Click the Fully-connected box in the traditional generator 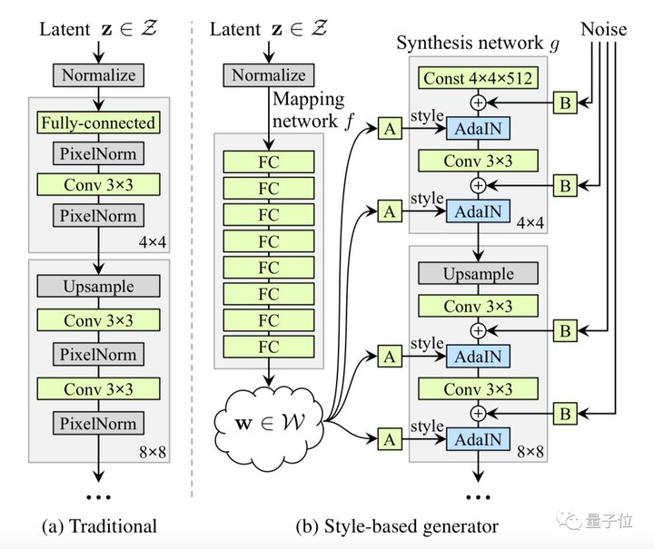pyautogui.click(x=99, y=122)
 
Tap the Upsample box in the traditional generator pyautogui.click(x=99, y=287)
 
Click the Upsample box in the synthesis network pyautogui.click(x=477, y=274)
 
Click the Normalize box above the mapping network pyautogui.click(x=268, y=75)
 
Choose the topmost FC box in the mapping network pyautogui.click(x=268, y=162)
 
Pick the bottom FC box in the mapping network pyautogui.click(x=268, y=347)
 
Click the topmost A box pyautogui.click(x=390, y=130)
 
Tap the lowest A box pyautogui.click(x=390, y=439)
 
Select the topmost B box pyautogui.click(x=565, y=103)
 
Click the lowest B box pyautogui.click(x=565, y=414)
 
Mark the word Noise pyautogui.click(x=605, y=29)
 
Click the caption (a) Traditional pyautogui.click(x=100, y=525)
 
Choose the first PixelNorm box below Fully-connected pyautogui.click(x=99, y=153)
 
